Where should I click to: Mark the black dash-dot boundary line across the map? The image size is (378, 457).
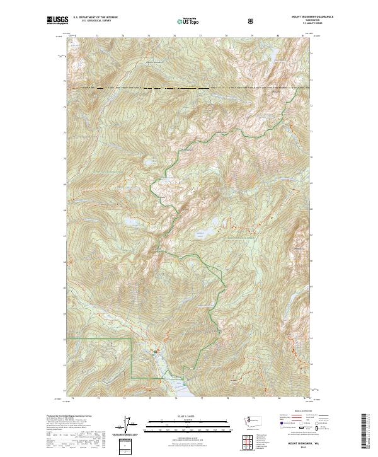pyautogui.click(x=189, y=88)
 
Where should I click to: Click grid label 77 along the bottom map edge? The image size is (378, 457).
pyautogui.click(x=202, y=399)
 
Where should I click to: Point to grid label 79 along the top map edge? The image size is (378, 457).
pyautogui.click(x=252, y=37)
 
